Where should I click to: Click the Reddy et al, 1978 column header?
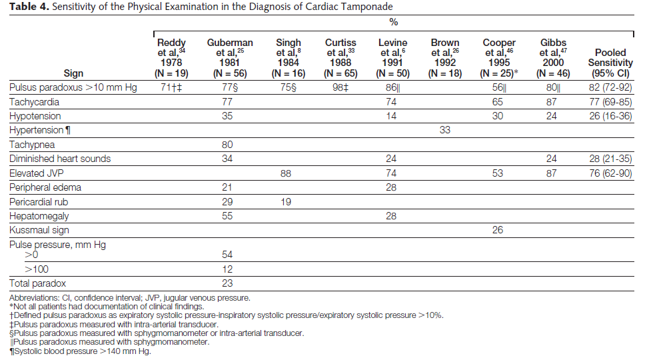click(x=171, y=58)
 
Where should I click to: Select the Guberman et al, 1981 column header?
click(x=229, y=58)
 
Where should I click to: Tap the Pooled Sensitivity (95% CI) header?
click(x=610, y=63)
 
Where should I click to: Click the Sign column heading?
click(x=73, y=73)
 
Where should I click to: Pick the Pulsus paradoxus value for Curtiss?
click(x=340, y=87)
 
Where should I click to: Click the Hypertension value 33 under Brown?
click(x=444, y=130)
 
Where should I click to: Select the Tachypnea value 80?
click(x=227, y=145)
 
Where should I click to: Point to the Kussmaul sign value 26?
click(x=497, y=229)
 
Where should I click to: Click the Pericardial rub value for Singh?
click(x=285, y=201)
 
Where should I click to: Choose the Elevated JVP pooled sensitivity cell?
click(x=610, y=173)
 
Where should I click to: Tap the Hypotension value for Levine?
click(x=390, y=116)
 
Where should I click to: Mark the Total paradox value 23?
click(x=227, y=283)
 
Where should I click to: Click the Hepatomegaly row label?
click(x=39, y=216)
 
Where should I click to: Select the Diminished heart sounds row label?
click(x=60, y=159)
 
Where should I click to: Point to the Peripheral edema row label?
click(x=45, y=187)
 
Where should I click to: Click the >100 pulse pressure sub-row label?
click(x=37, y=269)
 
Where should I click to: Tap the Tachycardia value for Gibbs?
click(x=551, y=101)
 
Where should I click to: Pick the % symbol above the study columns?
click(x=394, y=22)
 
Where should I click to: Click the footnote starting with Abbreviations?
click(x=129, y=297)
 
